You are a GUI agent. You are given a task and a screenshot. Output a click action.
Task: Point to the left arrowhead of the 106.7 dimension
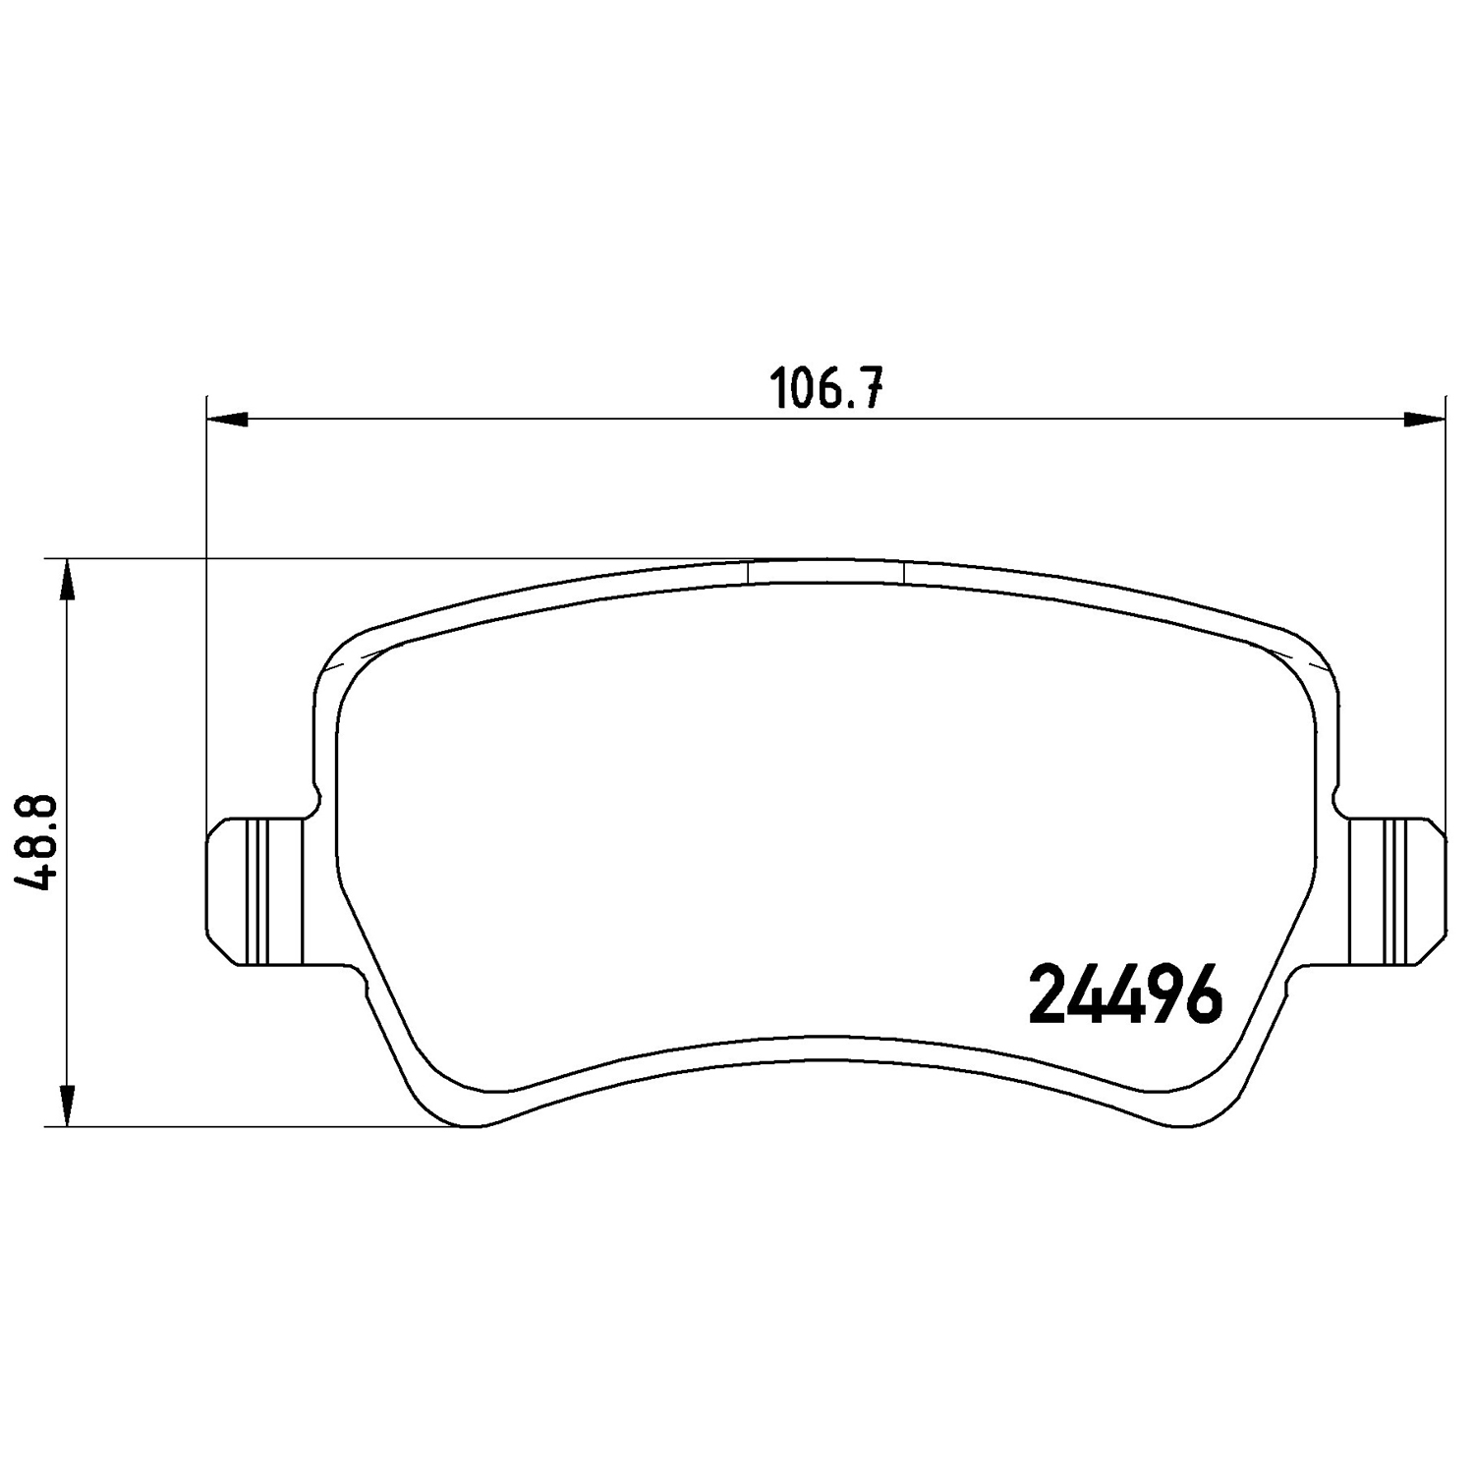(x=227, y=421)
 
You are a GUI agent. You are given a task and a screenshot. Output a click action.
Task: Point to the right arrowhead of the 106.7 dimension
(x=1425, y=421)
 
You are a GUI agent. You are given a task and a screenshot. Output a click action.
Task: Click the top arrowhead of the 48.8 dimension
(x=67, y=579)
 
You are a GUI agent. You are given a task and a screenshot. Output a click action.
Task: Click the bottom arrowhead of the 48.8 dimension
(x=67, y=1106)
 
